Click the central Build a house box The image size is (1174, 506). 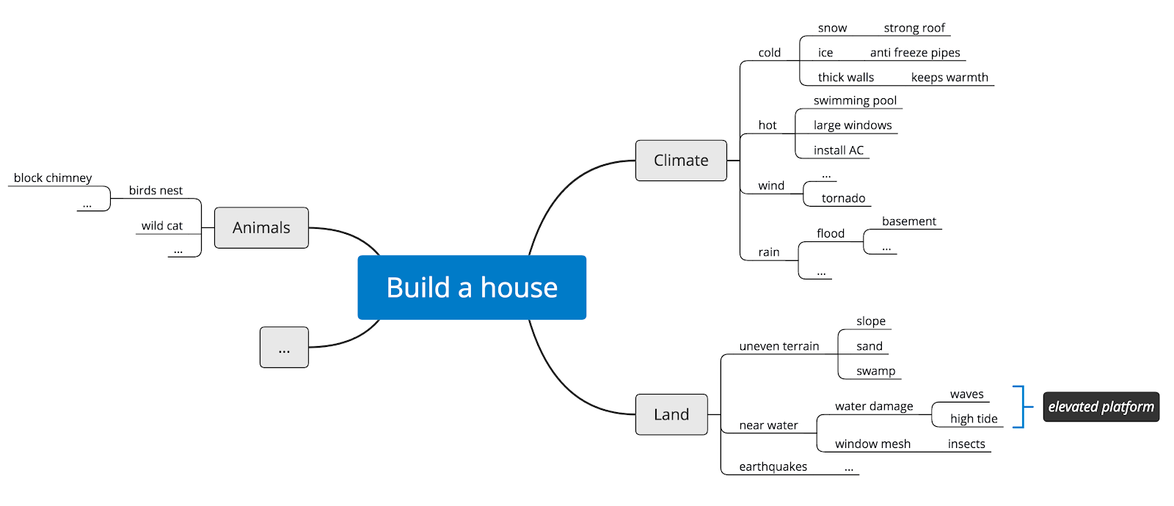tap(472, 287)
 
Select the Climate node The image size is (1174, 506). tap(681, 161)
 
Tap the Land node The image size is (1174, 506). tap(671, 414)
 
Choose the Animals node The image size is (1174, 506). tap(261, 228)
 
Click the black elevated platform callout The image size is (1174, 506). tap(1101, 407)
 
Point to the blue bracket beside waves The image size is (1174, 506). tap(1021, 406)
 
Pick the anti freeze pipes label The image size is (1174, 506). tap(915, 53)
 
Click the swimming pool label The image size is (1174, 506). tap(855, 100)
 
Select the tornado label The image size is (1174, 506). tap(843, 198)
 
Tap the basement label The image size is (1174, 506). tap(908, 221)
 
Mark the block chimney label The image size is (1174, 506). tap(53, 178)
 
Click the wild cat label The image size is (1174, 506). tap(162, 226)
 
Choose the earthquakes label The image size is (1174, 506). tap(773, 467)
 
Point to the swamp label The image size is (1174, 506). tap(875, 371)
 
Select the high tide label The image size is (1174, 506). tap(974, 419)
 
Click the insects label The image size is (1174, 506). tap(966, 444)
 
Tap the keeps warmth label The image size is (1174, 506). tap(949, 78)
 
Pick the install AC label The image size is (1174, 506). tap(839, 150)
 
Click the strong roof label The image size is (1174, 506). tap(914, 28)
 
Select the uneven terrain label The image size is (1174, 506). tap(779, 346)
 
